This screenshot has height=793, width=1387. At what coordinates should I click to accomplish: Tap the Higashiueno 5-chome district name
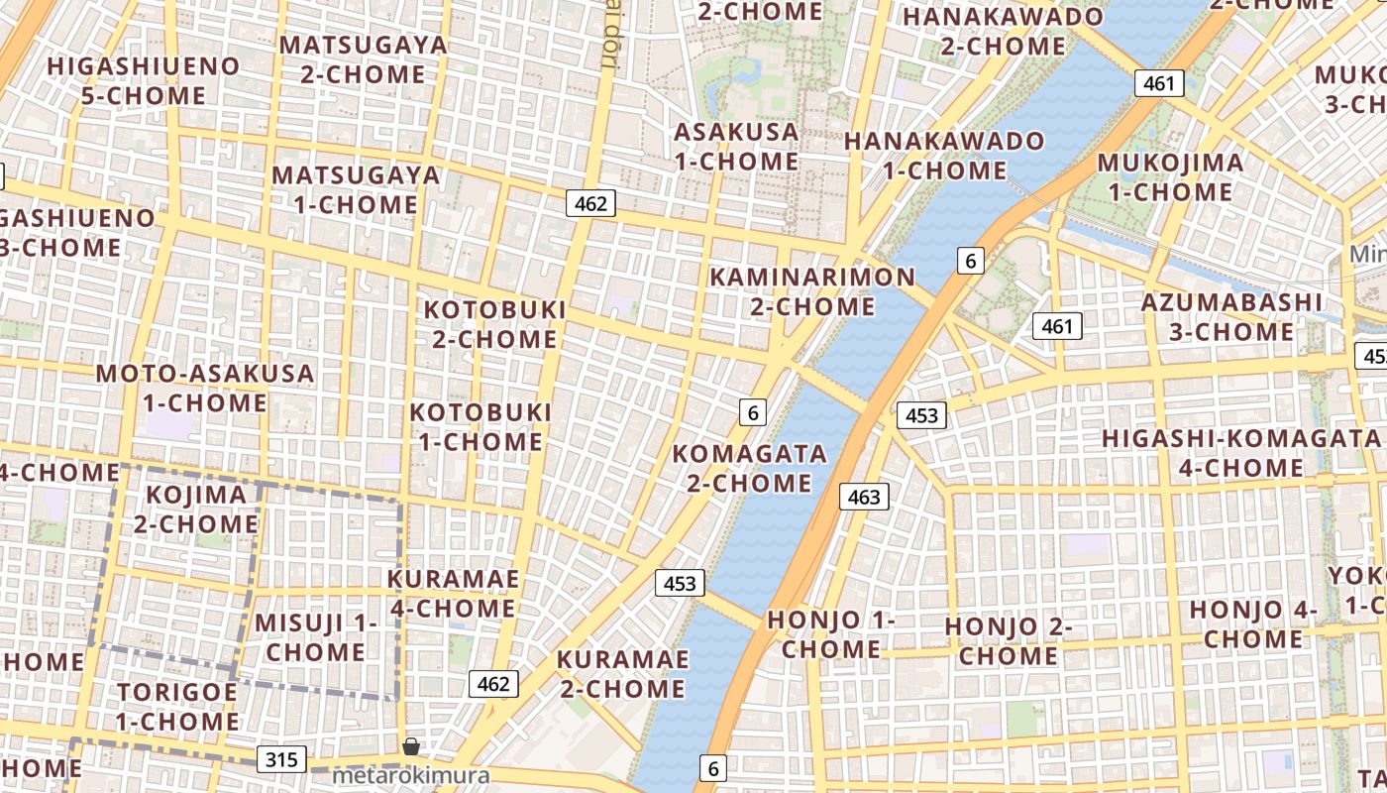pos(144,80)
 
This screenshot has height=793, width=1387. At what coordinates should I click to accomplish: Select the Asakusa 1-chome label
pos(736,146)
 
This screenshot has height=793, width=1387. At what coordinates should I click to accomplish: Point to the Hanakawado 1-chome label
pos(944,155)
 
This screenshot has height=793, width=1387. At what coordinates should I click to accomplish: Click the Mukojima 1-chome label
pos(1170,176)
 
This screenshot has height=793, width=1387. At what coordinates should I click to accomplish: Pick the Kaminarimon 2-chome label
pos(812,291)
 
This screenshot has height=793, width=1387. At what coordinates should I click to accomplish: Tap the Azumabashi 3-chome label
pos(1231,316)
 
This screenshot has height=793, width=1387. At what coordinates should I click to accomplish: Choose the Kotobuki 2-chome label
pos(495,324)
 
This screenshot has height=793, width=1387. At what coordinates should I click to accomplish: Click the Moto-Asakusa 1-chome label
pos(205,388)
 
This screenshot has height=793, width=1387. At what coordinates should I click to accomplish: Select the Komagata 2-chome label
pos(750,468)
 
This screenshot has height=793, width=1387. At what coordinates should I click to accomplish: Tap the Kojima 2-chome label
pos(196,509)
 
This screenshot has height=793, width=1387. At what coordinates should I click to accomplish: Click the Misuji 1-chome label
pos(316,636)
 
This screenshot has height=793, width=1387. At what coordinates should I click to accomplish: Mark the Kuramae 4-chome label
pos(453,593)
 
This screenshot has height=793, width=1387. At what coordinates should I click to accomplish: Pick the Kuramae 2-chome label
pos(622,673)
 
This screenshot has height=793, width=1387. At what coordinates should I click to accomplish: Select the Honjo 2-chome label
pos(1009,640)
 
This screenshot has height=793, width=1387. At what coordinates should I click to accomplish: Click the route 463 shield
pos(864,497)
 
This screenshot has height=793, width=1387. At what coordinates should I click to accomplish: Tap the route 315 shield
pos(281,760)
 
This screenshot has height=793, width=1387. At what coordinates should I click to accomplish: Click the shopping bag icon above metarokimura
pos(411,745)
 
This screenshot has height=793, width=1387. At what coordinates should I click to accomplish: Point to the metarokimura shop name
pos(411,775)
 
